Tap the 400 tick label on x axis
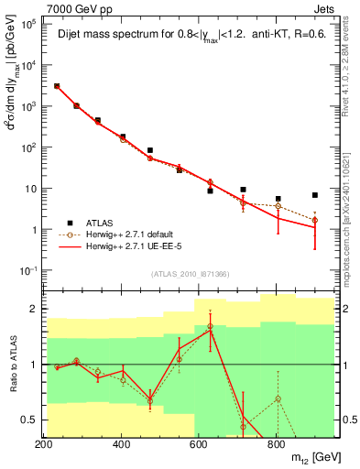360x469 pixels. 122,444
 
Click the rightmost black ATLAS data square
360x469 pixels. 315,195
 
